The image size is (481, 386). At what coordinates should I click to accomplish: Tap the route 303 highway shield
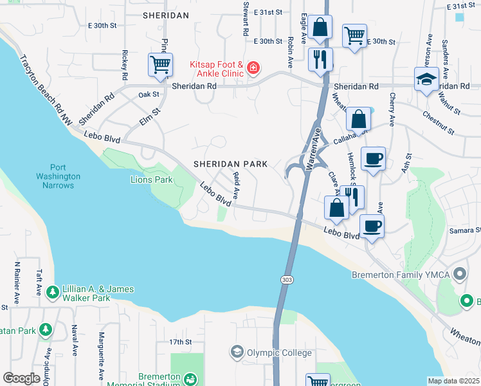tap(287, 279)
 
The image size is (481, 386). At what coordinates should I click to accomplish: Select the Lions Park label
tap(151, 179)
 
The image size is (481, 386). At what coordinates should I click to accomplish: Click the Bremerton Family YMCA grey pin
tap(459, 275)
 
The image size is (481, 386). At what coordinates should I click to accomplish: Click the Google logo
tap(22, 378)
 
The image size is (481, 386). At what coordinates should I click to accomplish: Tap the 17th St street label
tap(181, 342)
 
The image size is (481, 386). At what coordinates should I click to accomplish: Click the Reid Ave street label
tap(237, 185)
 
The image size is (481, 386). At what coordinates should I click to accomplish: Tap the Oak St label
tap(149, 95)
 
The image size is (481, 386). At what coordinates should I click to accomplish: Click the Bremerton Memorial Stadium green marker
tap(190, 381)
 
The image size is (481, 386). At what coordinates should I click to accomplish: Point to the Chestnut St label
tap(438, 122)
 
